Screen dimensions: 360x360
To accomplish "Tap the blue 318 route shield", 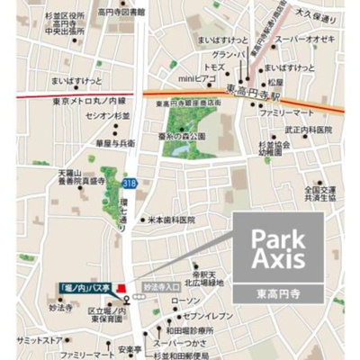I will (130, 184).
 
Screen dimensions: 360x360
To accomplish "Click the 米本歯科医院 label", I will (171, 219).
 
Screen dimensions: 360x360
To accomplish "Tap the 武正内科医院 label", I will (309, 130).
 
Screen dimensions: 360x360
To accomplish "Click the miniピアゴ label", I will (197, 77).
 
